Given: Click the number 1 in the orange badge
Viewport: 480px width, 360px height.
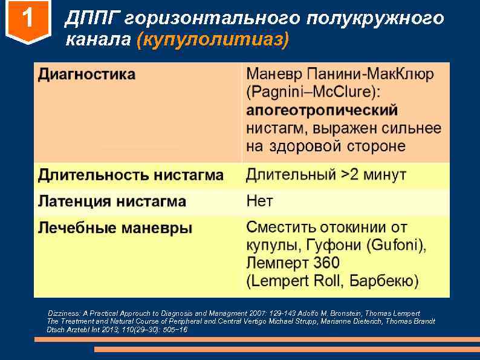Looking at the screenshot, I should pyautogui.click(x=27, y=21).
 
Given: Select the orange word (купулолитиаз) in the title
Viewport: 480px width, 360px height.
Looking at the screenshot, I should pyautogui.click(x=213, y=40).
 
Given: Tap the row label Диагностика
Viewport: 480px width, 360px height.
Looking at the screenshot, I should pyautogui.click(x=87, y=75).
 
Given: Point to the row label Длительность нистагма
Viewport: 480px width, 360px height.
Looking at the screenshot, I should pyautogui.click(x=131, y=175).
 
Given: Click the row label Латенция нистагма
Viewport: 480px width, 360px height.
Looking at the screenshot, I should pyautogui.click(x=112, y=201).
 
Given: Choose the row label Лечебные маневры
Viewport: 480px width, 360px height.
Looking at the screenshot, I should pyautogui.click(x=115, y=228).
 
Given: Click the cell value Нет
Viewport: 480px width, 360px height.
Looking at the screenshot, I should pyautogui.click(x=260, y=201).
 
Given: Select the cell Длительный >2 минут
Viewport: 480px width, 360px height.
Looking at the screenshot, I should pyautogui.click(x=326, y=175).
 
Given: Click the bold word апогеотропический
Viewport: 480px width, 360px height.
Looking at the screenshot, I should pyautogui.click(x=322, y=111).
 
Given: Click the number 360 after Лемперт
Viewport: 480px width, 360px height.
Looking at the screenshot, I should pyautogui.click(x=326, y=263).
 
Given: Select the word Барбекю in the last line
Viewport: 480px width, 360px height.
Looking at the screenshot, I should pyautogui.click(x=384, y=281).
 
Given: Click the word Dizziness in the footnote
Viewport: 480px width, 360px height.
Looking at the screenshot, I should pyautogui.click(x=64, y=313).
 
